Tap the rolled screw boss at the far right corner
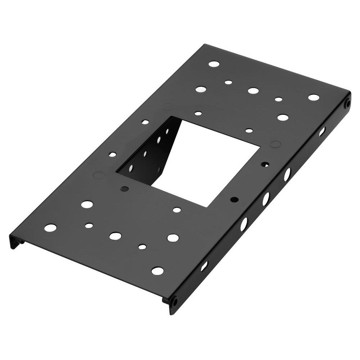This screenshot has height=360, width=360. click(347, 104)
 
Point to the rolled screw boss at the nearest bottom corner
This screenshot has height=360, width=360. click(174, 301)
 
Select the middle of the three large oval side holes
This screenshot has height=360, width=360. click(266, 199)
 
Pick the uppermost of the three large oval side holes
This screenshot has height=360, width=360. click(287, 175)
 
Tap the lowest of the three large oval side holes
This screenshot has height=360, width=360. click(244, 224)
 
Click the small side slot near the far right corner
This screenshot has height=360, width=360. click(322, 132)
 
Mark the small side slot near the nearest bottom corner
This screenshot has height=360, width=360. click(204, 266)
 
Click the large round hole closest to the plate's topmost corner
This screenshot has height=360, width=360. click(214, 64)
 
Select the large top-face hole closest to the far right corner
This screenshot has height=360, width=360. click(314, 97)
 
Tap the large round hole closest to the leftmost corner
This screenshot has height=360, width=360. click(50, 228)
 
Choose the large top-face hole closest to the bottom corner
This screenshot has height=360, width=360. click(157, 271)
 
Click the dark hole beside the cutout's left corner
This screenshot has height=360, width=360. click(125, 189)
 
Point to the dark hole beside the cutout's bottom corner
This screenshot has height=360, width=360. click(234, 199)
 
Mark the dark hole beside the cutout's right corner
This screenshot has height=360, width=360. click(265, 164)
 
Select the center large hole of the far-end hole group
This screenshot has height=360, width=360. click(253, 90)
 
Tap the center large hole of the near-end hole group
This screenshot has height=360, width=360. click(115, 236)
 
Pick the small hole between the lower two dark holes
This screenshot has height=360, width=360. click(177, 210)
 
